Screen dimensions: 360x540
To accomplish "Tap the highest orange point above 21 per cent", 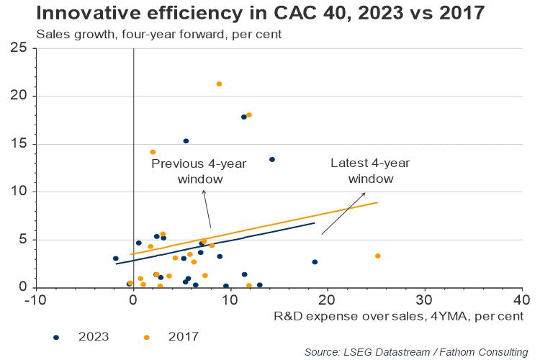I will (219, 84).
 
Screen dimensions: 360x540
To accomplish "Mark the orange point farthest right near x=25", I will (378, 256).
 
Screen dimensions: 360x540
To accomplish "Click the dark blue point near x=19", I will (315, 262).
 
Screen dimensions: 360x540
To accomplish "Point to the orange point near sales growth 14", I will (153, 152).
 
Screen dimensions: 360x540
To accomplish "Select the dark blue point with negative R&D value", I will (116, 258).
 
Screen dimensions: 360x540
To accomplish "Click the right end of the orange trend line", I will (377, 202).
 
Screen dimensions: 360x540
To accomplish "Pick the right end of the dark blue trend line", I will (315, 223).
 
